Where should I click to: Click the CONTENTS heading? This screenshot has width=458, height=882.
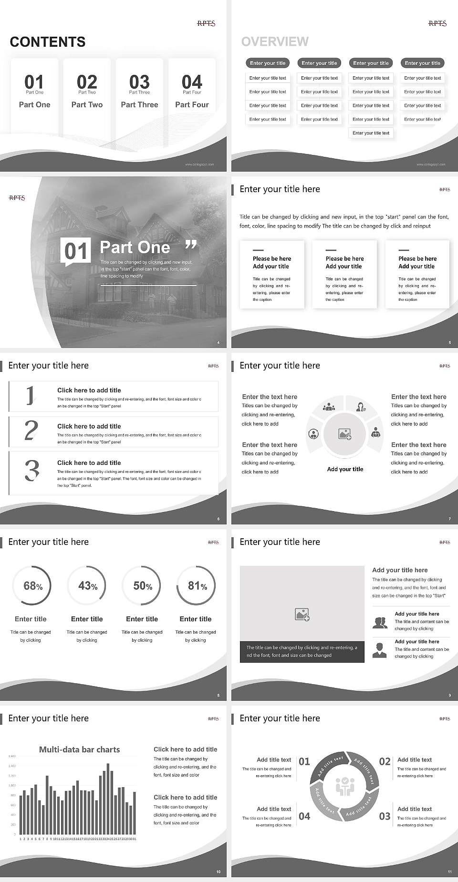(x=48, y=42)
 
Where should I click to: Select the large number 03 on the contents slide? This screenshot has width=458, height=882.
(x=139, y=82)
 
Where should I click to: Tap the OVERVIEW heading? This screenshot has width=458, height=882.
(x=275, y=41)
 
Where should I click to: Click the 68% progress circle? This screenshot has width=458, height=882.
(x=31, y=585)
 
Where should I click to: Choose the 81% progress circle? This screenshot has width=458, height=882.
(x=196, y=585)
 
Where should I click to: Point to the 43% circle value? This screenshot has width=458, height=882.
(x=87, y=585)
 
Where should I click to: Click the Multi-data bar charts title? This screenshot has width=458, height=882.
(x=79, y=749)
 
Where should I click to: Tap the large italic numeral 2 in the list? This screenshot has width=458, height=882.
(x=31, y=431)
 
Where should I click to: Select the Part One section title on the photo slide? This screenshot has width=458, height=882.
(x=135, y=247)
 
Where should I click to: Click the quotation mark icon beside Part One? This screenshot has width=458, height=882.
(x=190, y=245)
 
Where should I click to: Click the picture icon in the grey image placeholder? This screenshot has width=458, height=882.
(x=302, y=614)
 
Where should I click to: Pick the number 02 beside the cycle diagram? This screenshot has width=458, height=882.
(x=385, y=761)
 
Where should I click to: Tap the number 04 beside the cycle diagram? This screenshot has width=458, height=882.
(x=304, y=816)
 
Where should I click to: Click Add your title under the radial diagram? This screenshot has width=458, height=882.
(x=345, y=469)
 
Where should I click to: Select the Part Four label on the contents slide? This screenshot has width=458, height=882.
(x=192, y=104)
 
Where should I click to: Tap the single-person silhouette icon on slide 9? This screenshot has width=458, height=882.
(x=379, y=650)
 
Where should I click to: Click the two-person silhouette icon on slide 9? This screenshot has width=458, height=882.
(x=380, y=623)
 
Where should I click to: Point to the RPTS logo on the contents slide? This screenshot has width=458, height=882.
(x=206, y=23)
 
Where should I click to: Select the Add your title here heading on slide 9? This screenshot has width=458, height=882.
(x=400, y=570)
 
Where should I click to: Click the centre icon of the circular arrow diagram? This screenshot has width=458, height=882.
(x=344, y=786)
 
